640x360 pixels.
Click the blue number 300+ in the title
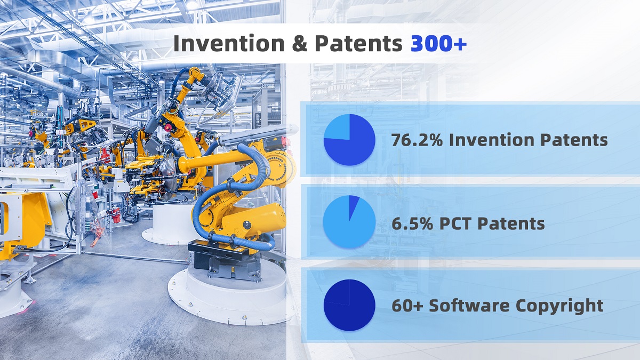(438, 44)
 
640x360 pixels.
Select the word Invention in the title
(229, 43)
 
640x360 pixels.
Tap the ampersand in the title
(299, 44)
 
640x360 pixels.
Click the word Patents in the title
(358, 44)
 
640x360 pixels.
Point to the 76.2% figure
(417, 140)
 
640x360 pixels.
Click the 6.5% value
(412, 223)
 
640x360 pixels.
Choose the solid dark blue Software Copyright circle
(349, 305)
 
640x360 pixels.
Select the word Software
(469, 306)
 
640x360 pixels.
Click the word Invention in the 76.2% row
(492, 140)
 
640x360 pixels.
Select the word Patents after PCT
(511, 223)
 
